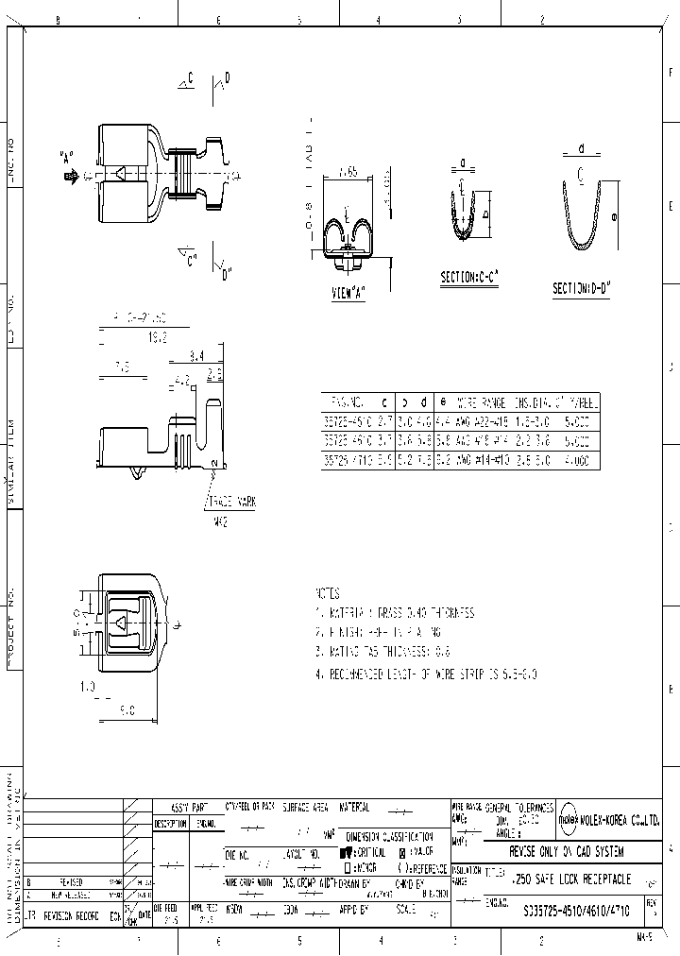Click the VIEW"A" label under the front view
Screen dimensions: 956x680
tap(348, 293)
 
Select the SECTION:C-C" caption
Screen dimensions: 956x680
tap(469, 278)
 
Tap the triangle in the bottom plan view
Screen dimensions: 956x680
tap(120, 621)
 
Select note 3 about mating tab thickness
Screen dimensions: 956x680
tap(396, 652)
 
